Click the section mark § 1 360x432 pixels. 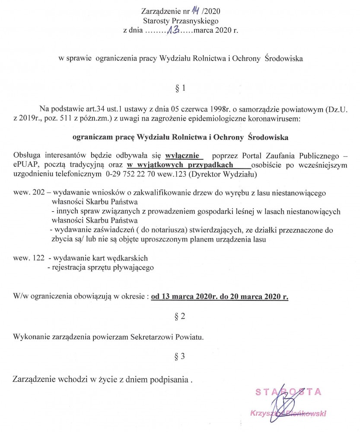180,88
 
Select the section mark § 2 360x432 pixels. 180,316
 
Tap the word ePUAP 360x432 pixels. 24,165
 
